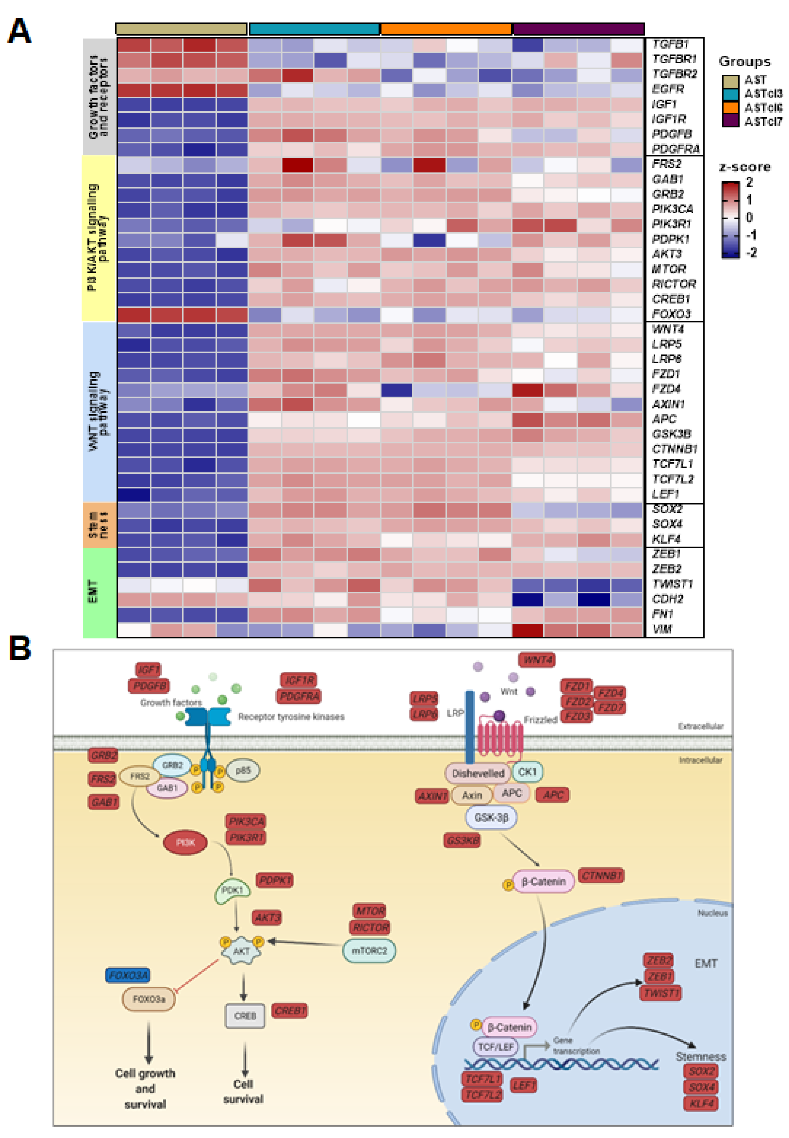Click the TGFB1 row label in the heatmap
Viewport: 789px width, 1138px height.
670,44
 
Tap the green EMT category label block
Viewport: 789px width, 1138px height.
99,592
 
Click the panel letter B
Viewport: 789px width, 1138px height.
20,649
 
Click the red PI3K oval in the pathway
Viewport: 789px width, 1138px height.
185,842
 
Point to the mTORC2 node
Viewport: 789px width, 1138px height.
369,950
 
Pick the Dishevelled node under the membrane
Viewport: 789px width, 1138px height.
478,773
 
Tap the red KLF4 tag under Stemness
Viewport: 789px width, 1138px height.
701,1103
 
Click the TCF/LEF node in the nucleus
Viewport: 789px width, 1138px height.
496,1047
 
